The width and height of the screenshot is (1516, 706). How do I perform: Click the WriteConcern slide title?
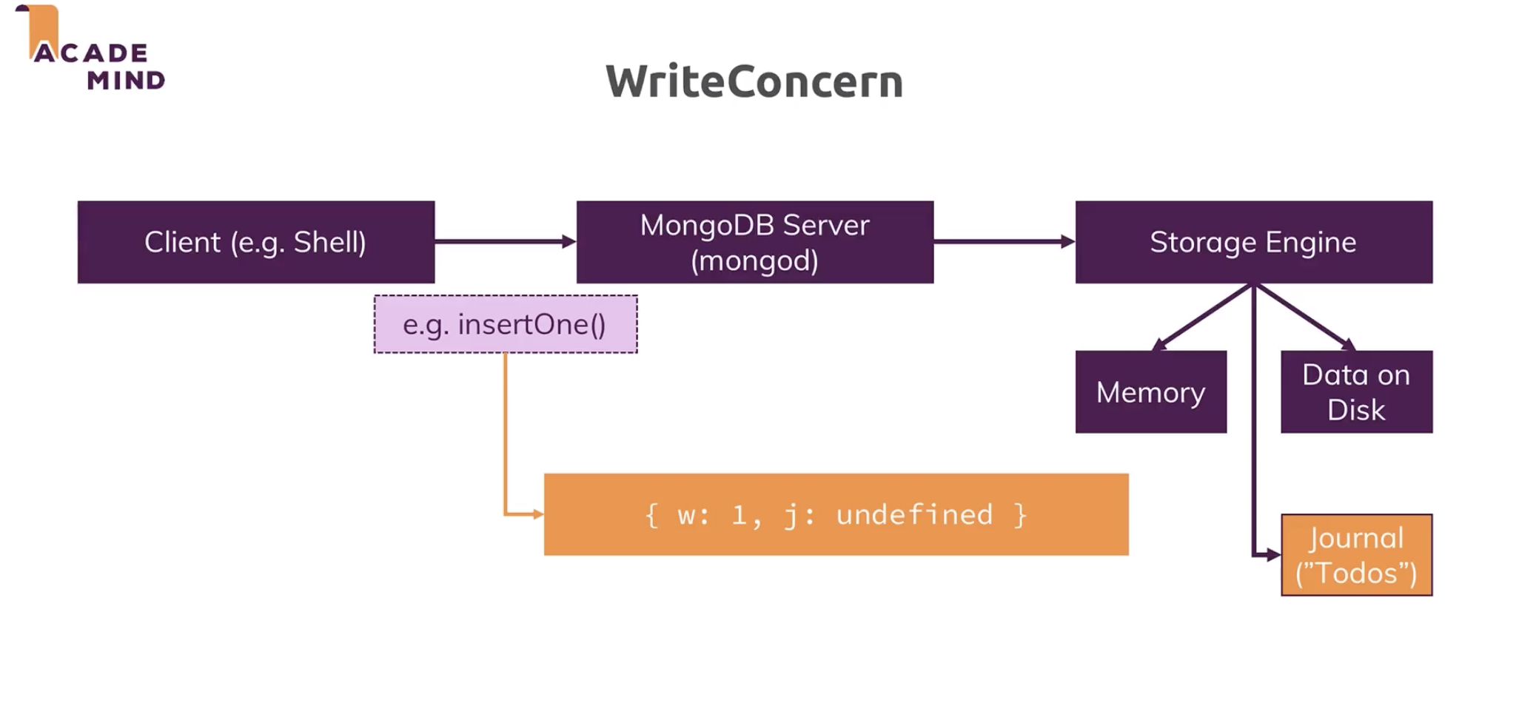(754, 81)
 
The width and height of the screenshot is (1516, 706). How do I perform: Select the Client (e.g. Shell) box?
(255, 242)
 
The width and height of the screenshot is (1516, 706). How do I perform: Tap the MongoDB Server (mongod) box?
(754, 242)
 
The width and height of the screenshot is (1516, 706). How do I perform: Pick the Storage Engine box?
(1253, 242)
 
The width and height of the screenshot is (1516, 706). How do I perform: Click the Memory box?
(1150, 392)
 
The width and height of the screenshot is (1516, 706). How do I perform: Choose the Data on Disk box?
(1356, 392)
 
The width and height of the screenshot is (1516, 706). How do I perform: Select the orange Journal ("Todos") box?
(1356, 555)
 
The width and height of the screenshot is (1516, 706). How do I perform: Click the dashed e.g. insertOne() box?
(505, 325)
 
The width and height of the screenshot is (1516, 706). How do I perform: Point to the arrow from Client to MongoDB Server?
(503, 241)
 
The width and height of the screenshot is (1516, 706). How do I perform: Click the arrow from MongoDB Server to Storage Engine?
(1003, 241)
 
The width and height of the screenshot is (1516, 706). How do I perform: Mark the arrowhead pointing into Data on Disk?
(1349, 344)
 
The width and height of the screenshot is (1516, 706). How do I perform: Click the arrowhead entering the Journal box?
(1273, 555)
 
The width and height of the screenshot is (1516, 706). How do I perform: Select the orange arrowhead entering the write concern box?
(537, 514)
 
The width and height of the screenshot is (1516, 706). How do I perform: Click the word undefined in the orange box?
(914, 515)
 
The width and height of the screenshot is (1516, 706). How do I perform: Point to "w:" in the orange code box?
(693, 515)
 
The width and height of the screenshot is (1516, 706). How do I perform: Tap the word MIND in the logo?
(126, 80)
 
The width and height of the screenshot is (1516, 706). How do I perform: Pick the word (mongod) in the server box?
(754, 260)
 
